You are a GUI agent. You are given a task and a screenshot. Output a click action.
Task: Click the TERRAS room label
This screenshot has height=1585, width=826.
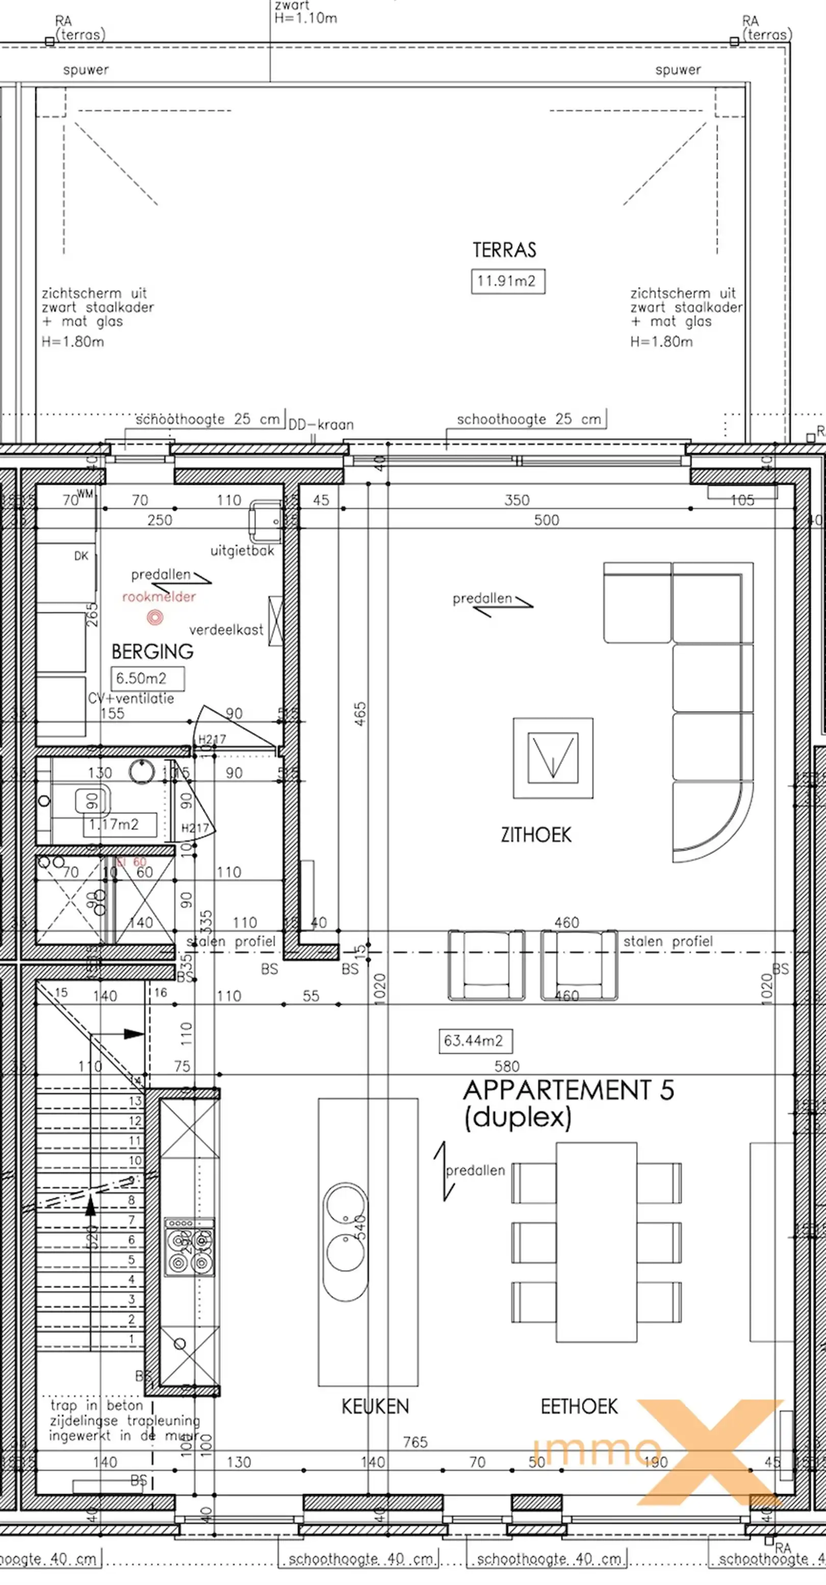(504, 250)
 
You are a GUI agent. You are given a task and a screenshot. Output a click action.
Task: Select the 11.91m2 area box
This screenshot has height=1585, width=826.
(507, 281)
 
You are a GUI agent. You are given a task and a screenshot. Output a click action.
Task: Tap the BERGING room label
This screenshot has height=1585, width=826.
(152, 652)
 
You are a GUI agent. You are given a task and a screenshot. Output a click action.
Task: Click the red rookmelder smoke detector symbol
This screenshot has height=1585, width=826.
(155, 617)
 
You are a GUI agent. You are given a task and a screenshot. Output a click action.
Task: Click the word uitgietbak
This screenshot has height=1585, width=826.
(242, 551)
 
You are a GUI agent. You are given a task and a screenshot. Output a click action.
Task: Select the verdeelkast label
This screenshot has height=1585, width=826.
(226, 630)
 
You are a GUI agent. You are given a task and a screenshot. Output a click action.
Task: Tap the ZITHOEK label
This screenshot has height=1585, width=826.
(536, 835)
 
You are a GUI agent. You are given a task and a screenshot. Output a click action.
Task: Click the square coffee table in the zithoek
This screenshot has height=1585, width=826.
(553, 758)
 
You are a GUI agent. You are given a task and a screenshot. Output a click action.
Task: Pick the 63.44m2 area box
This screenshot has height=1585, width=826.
(475, 1041)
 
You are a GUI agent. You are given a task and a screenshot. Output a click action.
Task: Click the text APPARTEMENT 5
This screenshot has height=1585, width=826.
(568, 1090)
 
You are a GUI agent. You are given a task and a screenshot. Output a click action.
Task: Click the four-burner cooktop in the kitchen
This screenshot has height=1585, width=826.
(190, 1246)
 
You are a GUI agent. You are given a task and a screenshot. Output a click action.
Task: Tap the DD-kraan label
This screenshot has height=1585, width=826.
(321, 425)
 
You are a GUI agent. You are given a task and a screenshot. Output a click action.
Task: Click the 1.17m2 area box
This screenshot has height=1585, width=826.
(119, 825)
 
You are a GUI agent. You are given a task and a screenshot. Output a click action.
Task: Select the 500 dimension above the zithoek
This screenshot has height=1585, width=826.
(546, 520)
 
